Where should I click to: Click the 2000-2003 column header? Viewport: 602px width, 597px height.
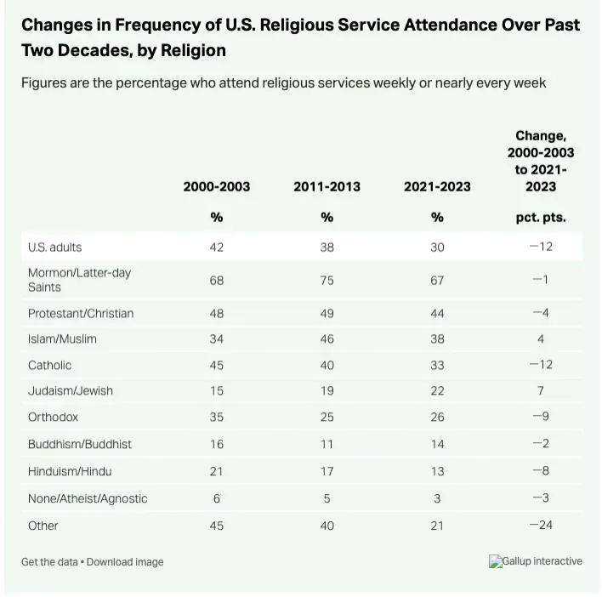click(x=217, y=186)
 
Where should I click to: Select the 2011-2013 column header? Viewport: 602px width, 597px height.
click(x=327, y=186)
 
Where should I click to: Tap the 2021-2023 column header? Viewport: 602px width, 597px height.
click(x=437, y=186)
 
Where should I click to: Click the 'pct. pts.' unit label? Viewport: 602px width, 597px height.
click(x=541, y=218)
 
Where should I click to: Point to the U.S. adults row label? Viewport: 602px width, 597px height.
click(x=55, y=247)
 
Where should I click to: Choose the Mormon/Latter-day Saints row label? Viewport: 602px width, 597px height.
click(x=79, y=280)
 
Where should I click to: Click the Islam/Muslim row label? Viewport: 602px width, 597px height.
click(x=62, y=339)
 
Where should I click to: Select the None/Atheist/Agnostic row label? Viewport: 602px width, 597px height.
click(x=88, y=498)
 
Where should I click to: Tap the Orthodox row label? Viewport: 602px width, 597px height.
click(x=53, y=417)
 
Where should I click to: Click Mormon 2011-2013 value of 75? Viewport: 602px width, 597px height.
click(x=327, y=281)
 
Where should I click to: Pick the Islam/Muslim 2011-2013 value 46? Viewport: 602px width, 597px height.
click(x=327, y=339)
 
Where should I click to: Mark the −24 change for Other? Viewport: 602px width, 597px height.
click(x=541, y=525)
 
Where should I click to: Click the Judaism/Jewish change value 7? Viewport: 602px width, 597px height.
click(x=541, y=390)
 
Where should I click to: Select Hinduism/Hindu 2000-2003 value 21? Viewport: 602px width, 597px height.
click(x=217, y=471)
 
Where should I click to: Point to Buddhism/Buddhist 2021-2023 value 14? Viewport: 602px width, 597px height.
click(x=437, y=444)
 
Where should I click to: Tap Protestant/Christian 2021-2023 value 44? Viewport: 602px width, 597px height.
click(x=437, y=313)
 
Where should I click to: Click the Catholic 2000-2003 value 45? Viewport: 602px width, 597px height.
click(x=217, y=365)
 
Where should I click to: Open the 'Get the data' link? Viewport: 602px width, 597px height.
click(x=49, y=562)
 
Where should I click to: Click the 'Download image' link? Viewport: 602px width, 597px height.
click(x=125, y=562)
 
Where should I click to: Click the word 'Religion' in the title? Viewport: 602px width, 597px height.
click(x=193, y=50)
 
